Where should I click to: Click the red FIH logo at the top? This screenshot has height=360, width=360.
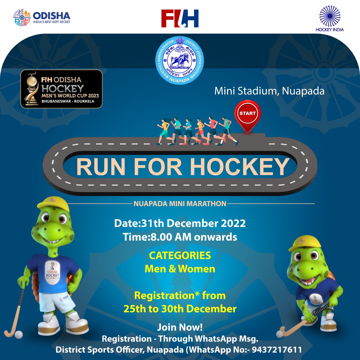180,19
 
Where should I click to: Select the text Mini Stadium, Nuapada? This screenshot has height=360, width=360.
269,91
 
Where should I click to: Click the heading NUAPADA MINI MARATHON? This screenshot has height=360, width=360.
180,204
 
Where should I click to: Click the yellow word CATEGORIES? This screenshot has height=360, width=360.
180,256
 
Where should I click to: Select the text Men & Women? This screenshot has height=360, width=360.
180,269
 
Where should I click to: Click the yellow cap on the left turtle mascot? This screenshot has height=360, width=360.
55,204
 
